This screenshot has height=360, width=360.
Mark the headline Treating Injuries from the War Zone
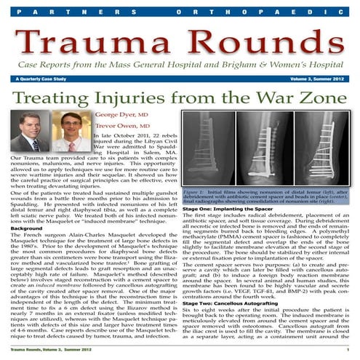point(180,96)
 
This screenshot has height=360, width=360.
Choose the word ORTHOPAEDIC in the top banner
point(270,12)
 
